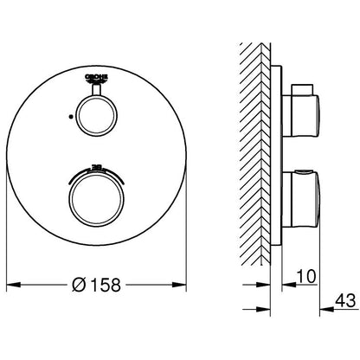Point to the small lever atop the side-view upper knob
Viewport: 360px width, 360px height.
click(299, 88)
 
